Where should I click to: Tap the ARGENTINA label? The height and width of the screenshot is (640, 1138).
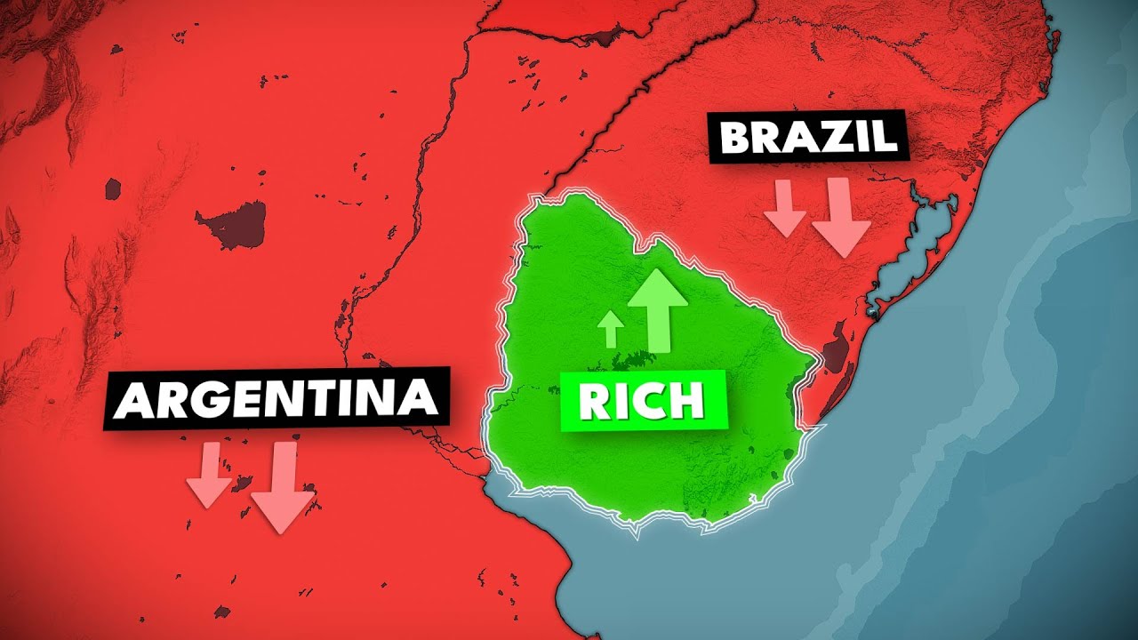point(276,400)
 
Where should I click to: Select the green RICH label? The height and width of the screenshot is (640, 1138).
point(644,403)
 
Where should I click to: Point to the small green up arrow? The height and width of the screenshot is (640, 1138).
point(611,329)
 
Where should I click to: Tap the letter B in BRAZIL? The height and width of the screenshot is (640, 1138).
point(736,139)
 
